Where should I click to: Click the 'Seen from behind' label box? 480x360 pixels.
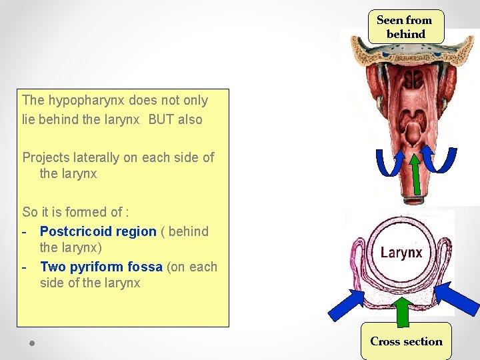coord(405,27)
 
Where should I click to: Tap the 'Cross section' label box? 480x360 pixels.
coord(406,341)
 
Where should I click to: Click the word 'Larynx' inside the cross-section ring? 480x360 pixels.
coord(401,253)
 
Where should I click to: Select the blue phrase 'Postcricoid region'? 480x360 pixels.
coord(98,231)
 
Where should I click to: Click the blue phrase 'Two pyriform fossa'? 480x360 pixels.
coord(101,267)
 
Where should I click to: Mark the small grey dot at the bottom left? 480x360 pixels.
coord(32,343)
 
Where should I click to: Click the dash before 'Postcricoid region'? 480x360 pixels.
coord(25,231)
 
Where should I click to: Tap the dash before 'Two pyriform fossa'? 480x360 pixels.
coord(25,267)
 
